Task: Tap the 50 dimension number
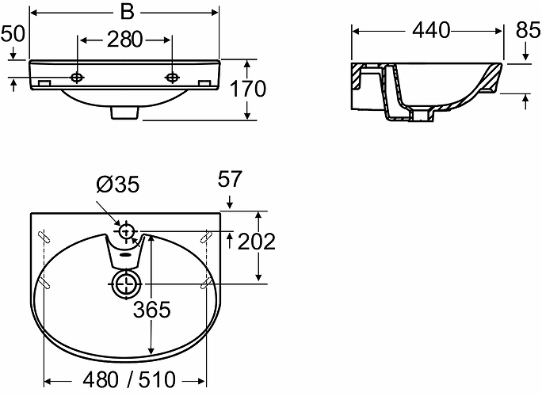pos(13,33)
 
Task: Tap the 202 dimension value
pos(257,242)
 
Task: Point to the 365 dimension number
pos(151,310)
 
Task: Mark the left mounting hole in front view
pos(77,78)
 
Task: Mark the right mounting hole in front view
pos(172,78)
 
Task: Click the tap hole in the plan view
pos(126,232)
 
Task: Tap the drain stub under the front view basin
pos(124,113)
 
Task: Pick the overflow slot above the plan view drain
pos(124,255)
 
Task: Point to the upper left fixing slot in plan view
pos(43,234)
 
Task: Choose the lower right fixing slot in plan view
pos(207,281)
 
